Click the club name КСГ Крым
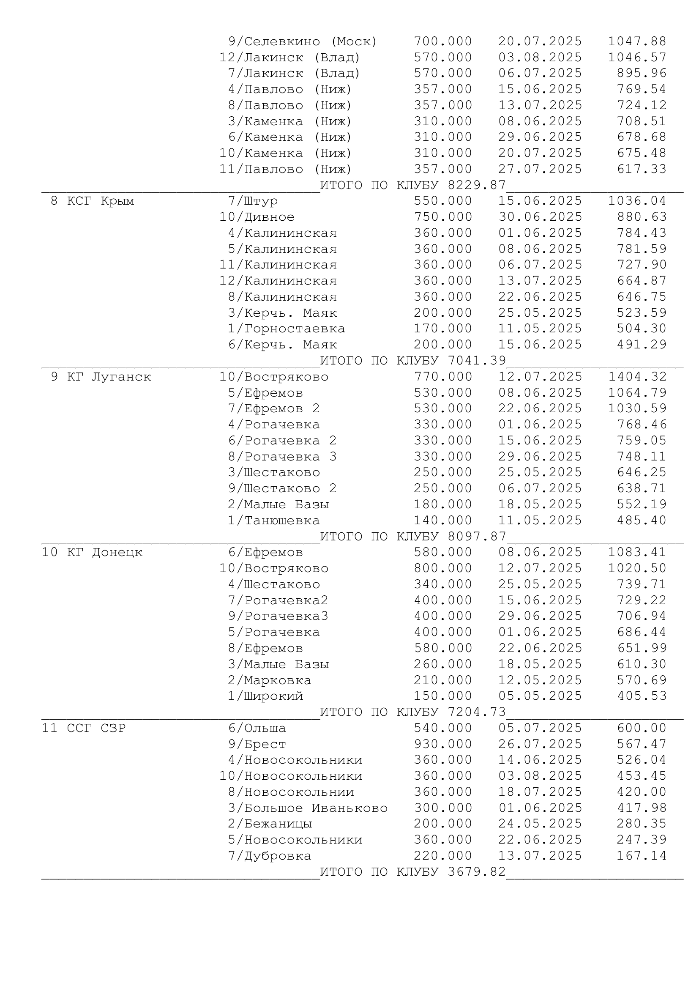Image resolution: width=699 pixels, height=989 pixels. (100, 201)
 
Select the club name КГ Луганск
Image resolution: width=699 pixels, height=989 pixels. (109, 377)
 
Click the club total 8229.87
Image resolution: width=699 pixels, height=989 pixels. (477, 185)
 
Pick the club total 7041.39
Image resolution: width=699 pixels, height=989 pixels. (477, 361)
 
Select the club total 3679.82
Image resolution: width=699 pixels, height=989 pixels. (477, 872)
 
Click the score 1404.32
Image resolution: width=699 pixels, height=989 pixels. (637, 377)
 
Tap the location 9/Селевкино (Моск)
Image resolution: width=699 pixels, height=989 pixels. (303, 42)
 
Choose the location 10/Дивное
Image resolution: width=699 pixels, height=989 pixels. (257, 217)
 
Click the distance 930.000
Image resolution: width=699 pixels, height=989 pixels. (443, 744)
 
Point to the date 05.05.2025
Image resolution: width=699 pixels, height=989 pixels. (540, 696)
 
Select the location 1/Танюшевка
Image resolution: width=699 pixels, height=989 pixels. (274, 521)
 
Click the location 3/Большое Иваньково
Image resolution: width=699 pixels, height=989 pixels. (308, 808)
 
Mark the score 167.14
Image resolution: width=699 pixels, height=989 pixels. (642, 856)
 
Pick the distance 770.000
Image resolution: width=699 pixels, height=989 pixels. (443, 377)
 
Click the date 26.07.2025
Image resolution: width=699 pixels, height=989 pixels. (540, 744)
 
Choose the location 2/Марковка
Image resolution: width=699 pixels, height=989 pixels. (270, 681)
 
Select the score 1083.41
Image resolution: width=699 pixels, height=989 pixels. (637, 552)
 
